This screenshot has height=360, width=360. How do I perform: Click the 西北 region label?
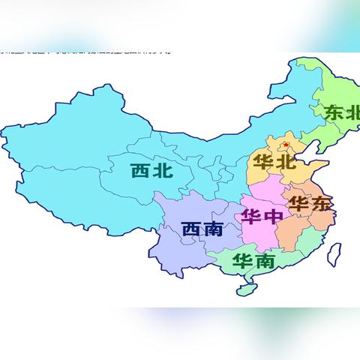point(151,171)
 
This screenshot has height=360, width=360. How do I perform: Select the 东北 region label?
point(342,113)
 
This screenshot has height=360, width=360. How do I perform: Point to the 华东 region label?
point(308,204)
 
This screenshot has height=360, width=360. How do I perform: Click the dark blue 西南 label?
point(202,229)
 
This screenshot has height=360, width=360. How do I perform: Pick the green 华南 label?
point(253,262)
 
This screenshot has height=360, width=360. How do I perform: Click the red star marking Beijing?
point(286,144)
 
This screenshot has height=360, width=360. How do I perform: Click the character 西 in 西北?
point(140,171)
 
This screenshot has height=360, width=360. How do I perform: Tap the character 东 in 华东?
point(319,204)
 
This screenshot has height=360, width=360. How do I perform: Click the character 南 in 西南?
point(214,229)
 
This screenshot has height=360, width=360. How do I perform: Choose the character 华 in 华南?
point(241,262)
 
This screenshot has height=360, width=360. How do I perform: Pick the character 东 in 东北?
point(332,113)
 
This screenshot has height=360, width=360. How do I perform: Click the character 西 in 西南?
point(192,229)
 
